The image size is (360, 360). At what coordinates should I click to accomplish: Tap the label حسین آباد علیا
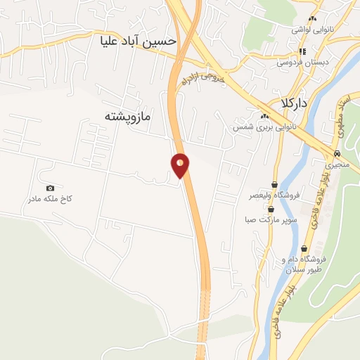tap(138, 41)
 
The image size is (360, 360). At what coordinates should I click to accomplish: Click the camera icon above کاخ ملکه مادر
tap(50, 188)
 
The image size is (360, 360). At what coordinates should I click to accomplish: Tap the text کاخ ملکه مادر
tap(50, 199)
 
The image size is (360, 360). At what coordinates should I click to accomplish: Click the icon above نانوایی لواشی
tap(313, 19)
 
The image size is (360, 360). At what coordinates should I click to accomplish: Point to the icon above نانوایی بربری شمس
tap(264, 117)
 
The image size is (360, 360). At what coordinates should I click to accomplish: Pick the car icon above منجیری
tap(337, 153)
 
